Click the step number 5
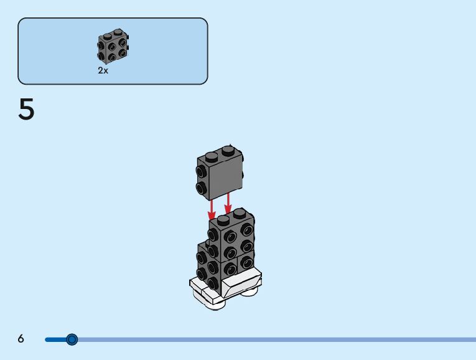coord(26,111)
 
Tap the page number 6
coord(21,339)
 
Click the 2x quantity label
coord(103,71)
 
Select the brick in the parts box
coord(113,47)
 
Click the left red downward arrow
coord(212,206)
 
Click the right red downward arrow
coord(228,203)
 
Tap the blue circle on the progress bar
coord(72,339)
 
